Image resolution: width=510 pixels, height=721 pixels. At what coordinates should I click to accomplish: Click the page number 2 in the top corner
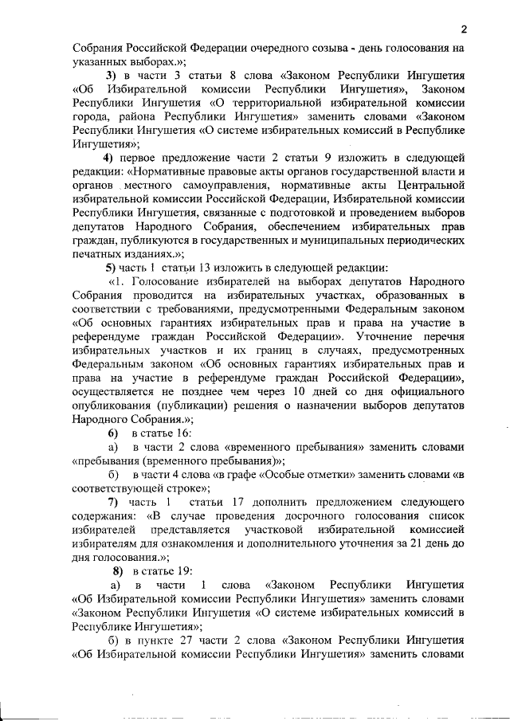click(462, 29)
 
